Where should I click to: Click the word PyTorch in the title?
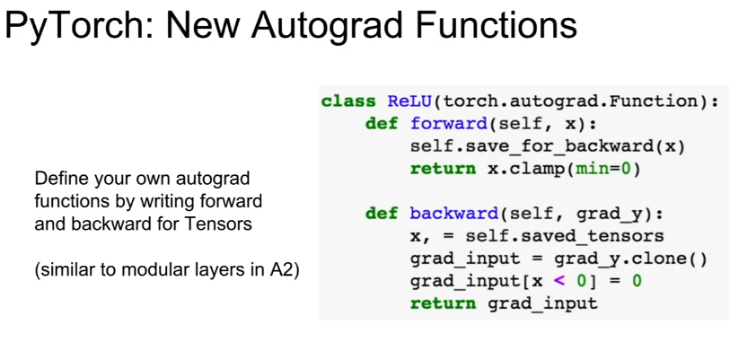(x=79, y=27)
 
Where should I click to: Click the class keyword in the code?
(x=348, y=101)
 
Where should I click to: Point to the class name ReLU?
(x=409, y=101)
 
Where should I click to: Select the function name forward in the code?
(x=448, y=124)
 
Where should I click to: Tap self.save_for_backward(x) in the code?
(x=548, y=146)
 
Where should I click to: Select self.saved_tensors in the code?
(x=565, y=237)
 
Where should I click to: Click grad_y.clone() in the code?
(x=631, y=259)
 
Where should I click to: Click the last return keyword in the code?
(x=443, y=304)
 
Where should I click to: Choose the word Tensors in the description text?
(x=218, y=224)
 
